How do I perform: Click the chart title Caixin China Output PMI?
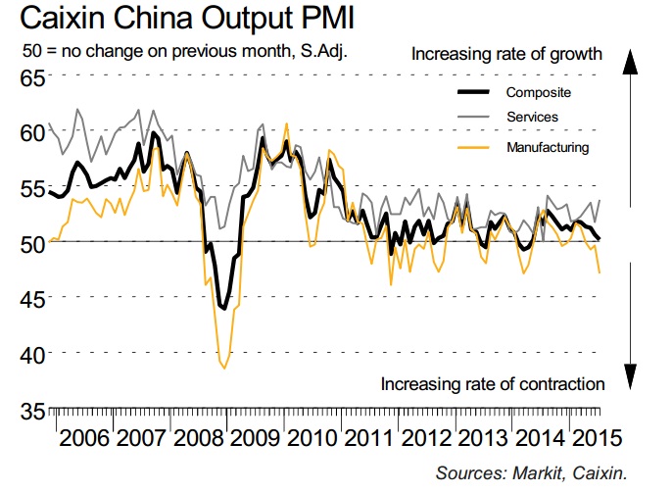click(x=175, y=20)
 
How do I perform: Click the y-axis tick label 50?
click(x=31, y=243)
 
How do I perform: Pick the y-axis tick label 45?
click(x=31, y=298)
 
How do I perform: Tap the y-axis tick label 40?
click(x=31, y=353)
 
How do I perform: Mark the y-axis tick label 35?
click(x=31, y=409)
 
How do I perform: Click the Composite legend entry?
click(x=538, y=93)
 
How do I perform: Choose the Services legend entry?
click(x=532, y=118)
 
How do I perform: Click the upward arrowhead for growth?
click(x=630, y=61)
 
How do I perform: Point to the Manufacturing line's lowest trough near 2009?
click(x=224, y=368)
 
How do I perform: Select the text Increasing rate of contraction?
click(x=493, y=383)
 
